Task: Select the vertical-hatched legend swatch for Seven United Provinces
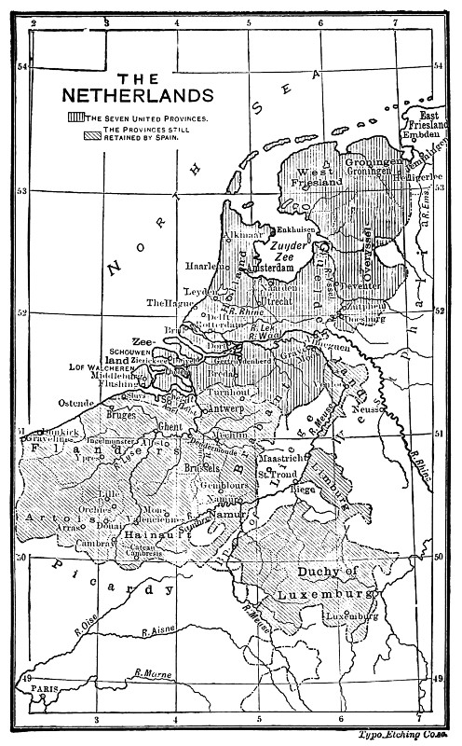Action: (75, 118)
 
